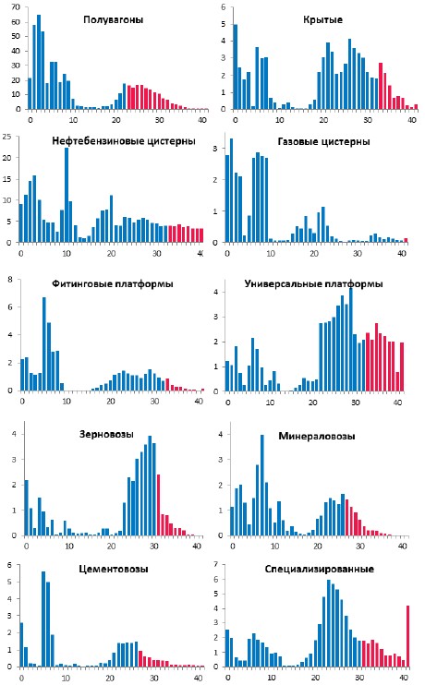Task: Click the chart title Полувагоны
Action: pos(114,19)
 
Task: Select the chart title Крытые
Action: pos(322,19)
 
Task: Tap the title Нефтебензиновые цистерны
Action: pos(124,141)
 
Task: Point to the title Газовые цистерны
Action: pos(323,141)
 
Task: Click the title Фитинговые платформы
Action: pos(113,284)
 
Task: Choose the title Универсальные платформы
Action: pos(313,284)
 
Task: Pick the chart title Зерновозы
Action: pos(106,434)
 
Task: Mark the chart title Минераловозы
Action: pos(317,436)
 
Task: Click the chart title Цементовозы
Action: pos(114,569)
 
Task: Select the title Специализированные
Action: pos(319,569)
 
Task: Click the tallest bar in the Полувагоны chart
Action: pos(39,62)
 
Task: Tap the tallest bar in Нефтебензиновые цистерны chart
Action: pos(67,195)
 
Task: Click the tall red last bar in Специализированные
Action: pos(408,636)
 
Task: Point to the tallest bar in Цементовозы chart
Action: pos(43,619)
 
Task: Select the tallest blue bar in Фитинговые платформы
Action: pos(44,343)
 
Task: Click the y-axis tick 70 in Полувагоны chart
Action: pos(16,7)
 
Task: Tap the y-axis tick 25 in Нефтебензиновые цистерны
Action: pos(6,137)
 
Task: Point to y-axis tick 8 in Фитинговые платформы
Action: pos(10,280)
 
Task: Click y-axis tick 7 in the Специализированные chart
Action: pos(216,564)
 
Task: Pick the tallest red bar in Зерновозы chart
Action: pos(158,505)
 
